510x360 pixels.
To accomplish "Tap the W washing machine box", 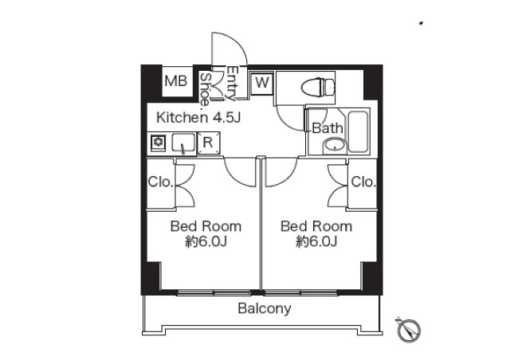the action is click(261, 83).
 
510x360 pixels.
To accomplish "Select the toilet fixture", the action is click(318, 88).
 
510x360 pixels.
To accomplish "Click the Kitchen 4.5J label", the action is click(198, 117).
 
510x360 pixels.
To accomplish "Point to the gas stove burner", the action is click(159, 143).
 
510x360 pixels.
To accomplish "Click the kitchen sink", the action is click(183, 143).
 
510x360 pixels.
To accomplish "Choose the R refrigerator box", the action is click(208, 143).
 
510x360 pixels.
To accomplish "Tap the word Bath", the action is click(328, 128).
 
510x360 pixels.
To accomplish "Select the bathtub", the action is click(358, 131).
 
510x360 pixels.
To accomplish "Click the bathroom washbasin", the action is click(334, 146).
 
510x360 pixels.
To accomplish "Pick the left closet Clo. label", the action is click(160, 182).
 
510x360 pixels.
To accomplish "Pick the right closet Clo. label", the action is click(363, 182).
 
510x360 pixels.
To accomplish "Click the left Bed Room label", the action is click(206, 234).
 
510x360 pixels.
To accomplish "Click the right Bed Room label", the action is click(316, 234).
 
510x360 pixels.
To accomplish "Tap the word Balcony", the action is click(265, 308).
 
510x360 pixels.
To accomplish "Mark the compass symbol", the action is click(409, 330).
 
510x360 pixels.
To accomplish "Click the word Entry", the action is click(233, 83).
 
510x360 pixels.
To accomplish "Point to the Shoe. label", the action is click(205, 90).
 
